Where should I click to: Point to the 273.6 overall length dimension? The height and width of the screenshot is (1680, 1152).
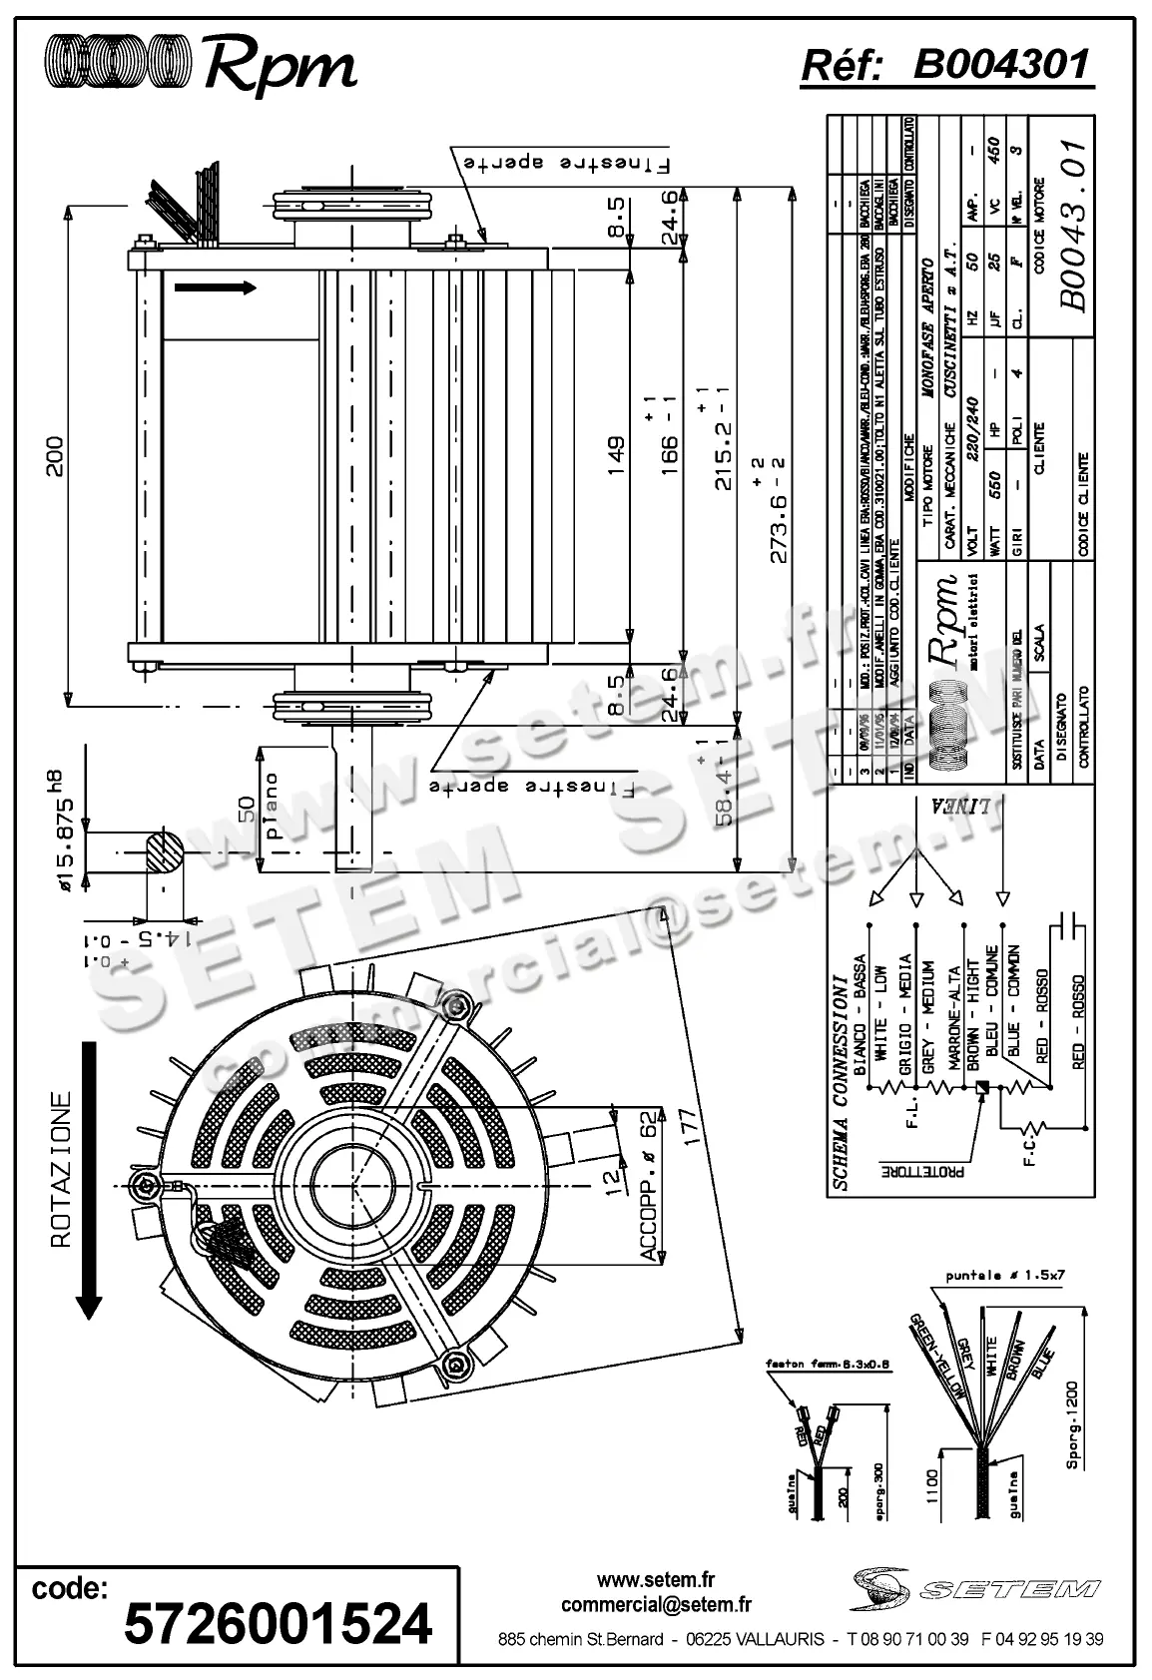(x=781, y=509)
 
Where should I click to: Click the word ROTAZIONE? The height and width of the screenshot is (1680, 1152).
(x=62, y=1170)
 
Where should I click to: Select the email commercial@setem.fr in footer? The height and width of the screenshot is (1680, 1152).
(x=656, y=1604)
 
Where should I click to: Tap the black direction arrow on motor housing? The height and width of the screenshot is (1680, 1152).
(x=215, y=287)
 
